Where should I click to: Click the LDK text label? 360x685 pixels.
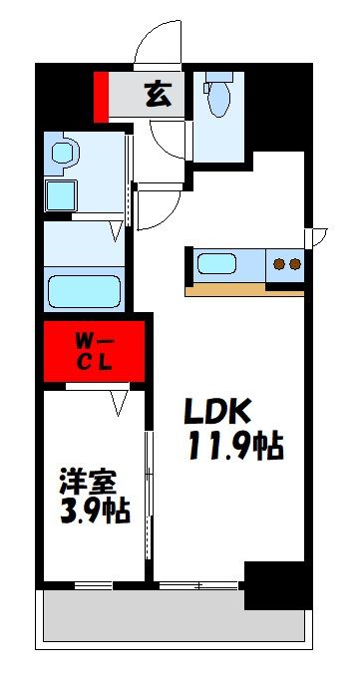click(x=220, y=410)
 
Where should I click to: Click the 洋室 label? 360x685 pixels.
click(x=83, y=481)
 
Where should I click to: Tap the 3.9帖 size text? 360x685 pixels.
click(x=92, y=513)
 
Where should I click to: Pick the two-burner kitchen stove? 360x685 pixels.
click(x=287, y=264)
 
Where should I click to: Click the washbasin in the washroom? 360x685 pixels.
click(x=65, y=154)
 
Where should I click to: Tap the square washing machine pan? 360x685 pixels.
click(x=64, y=192)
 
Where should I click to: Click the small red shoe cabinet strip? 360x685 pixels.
click(x=101, y=96)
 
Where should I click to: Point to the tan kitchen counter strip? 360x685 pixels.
click(x=244, y=290)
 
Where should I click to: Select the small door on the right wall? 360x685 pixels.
click(x=317, y=236)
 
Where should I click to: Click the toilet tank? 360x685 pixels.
click(x=218, y=80)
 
